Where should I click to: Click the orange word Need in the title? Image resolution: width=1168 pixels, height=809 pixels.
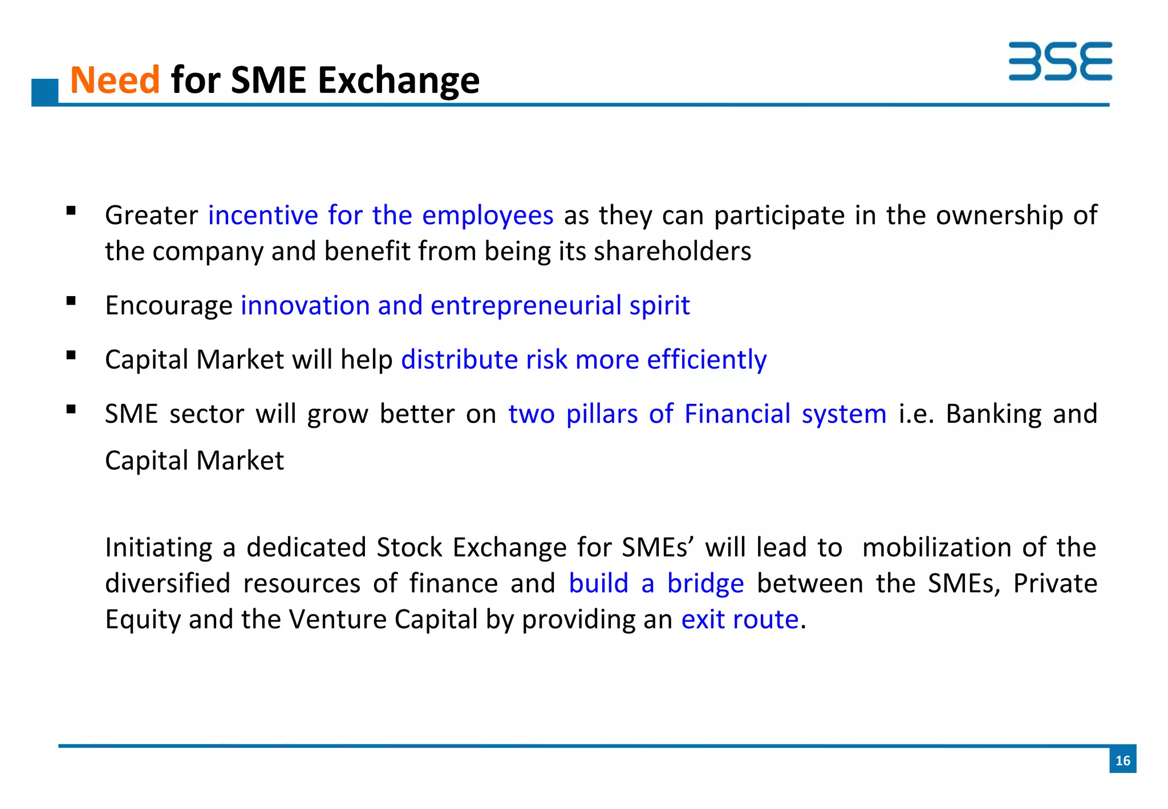115,80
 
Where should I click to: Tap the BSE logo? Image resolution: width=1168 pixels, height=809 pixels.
1060,61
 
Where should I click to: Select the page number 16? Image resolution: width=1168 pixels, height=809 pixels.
1122,760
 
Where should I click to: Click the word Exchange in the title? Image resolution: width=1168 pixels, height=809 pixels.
399,81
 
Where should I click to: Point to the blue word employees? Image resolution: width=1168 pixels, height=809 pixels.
488,216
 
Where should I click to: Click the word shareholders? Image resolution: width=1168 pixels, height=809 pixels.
672,252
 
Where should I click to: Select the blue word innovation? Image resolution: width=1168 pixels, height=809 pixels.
305,305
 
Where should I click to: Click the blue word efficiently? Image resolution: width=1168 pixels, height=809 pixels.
707,360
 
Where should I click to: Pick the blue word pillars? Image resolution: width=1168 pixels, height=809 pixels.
602,414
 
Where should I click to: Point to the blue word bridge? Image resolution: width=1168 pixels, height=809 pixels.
705,584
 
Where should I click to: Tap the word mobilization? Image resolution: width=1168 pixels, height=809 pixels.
936,548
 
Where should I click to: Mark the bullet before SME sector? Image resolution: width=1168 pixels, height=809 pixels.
71,409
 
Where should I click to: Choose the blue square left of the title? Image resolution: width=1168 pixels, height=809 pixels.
45,91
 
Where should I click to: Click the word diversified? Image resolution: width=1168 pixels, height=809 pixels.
168,584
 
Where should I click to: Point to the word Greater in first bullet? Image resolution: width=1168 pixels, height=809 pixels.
151,216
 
